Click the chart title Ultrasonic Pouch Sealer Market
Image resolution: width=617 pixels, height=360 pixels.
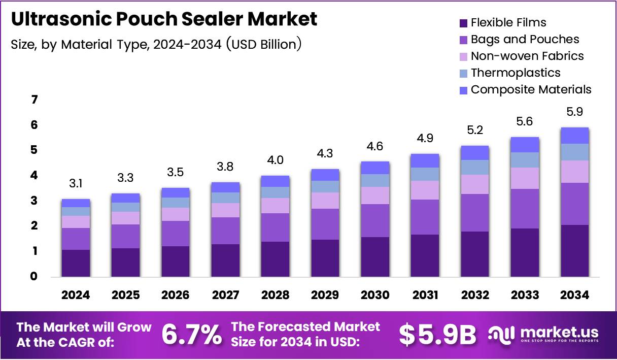point(164,19)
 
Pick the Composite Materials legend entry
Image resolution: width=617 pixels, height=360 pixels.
point(530,89)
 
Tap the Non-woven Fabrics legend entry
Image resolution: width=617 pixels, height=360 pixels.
point(527,56)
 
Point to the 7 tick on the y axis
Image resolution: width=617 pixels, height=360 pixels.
point(34,100)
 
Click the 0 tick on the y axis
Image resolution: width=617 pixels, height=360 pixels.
point(34,277)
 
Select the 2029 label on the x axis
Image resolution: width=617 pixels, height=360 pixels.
point(325,295)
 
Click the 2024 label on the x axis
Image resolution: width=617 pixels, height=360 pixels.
point(76,295)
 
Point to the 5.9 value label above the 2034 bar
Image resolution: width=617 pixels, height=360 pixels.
point(575,112)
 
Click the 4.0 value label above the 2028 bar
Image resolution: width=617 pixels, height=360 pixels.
point(275,160)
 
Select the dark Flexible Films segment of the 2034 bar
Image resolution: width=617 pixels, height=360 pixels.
point(575,251)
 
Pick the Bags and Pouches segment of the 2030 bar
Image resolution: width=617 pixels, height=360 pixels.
point(374,220)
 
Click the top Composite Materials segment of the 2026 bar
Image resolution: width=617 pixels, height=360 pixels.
point(175,192)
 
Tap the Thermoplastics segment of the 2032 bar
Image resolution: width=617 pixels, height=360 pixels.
point(474,167)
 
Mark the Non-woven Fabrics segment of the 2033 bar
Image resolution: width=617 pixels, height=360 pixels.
point(525,178)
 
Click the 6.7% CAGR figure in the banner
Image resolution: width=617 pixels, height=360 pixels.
point(191,334)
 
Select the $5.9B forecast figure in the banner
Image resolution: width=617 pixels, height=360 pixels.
point(437,334)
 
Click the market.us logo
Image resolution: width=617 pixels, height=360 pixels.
point(543,334)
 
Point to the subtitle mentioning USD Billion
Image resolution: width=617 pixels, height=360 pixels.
point(156,44)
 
